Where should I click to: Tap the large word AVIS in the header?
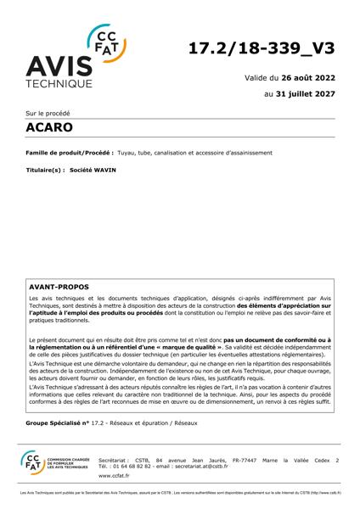click(59, 67)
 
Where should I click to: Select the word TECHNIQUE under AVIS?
click(59, 86)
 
